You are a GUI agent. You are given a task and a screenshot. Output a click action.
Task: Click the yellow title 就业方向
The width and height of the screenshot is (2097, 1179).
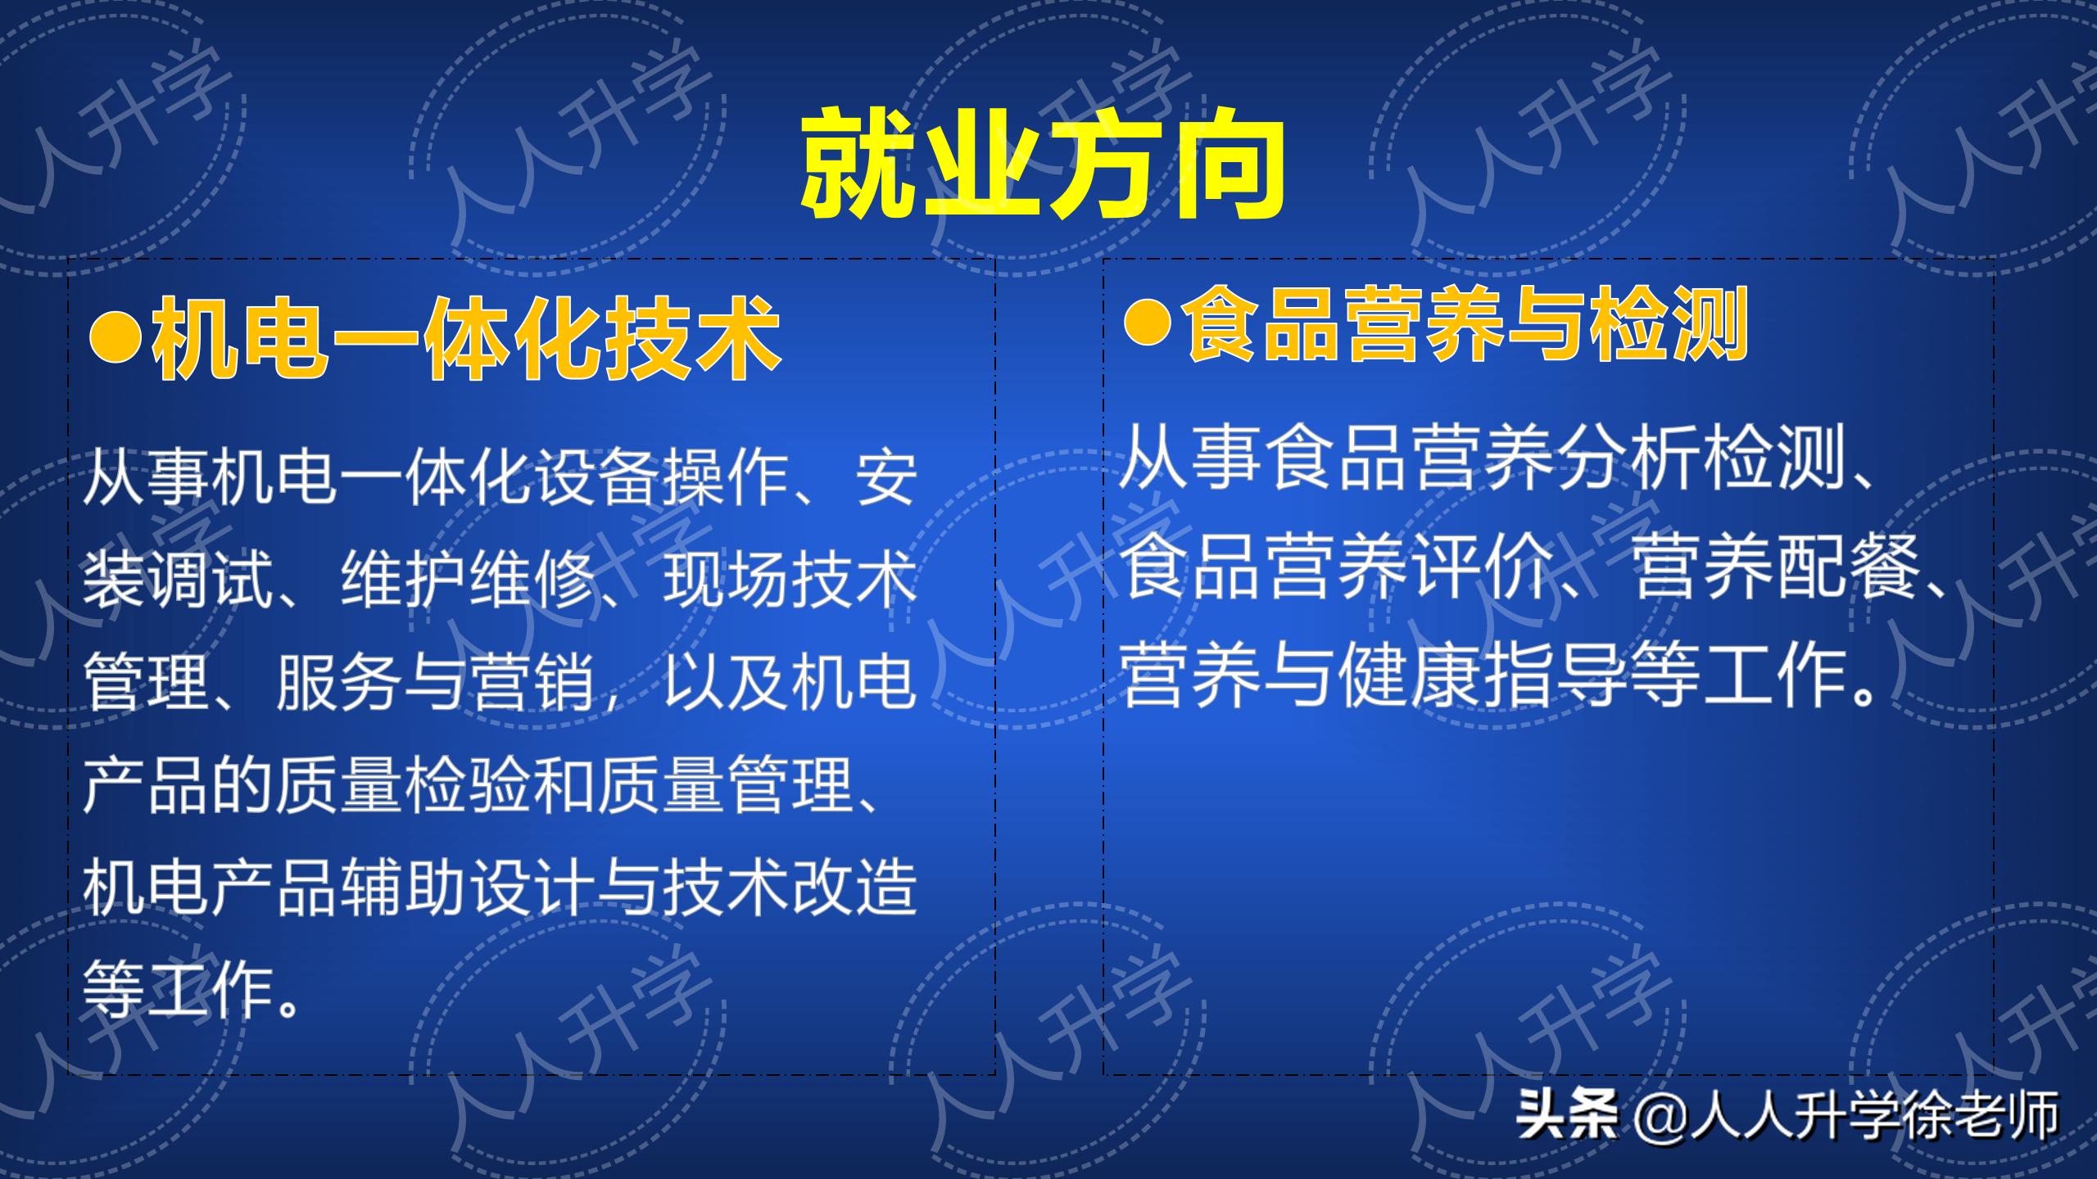(x=1041, y=165)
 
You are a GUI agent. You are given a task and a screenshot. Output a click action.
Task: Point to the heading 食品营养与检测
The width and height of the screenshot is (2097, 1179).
(x=1467, y=323)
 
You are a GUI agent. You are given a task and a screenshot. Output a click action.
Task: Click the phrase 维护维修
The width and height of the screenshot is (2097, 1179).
(x=467, y=580)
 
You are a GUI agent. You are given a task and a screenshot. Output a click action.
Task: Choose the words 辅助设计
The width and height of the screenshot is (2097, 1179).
(x=467, y=888)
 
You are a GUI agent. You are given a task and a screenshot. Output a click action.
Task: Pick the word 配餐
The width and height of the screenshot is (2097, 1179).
(x=1847, y=568)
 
